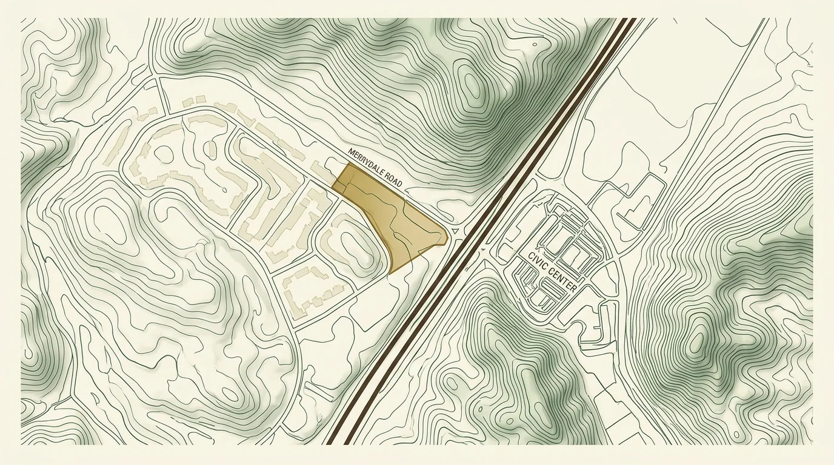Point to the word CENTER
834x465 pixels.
click(562, 280)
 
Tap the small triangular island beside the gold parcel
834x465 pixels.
click(455, 231)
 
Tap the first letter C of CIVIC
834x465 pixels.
click(530, 256)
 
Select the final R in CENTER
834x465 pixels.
click(575, 289)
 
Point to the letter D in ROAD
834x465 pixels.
click(399, 184)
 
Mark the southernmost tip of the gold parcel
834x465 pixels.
click(392, 272)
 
